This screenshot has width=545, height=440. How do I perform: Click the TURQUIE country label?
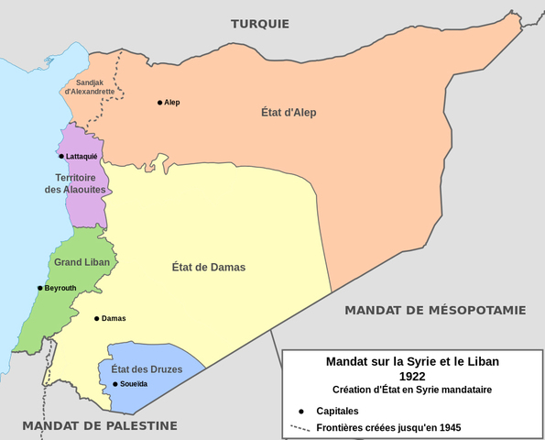click(x=259, y=24)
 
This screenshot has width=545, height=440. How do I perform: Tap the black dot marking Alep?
click(x=159, y=102)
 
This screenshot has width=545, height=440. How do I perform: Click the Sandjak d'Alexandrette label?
click(x=90, y=86)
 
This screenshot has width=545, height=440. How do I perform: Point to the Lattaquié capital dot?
click(x=61, y=157)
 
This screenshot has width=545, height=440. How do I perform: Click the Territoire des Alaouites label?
click(x=78, y=182)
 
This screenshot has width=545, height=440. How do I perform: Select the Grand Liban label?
click(x=82, y=262)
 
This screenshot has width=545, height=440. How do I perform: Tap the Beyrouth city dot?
click(x=40, y=288)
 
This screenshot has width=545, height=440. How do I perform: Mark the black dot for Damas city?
click(x=96, y=319)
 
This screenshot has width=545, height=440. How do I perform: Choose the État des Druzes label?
click(x=146, y=368)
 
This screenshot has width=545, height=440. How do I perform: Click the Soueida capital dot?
click(x=114, y=383)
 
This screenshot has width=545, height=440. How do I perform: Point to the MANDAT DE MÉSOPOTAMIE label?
click(x=435, y=311)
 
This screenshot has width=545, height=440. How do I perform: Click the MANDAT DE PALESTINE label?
click(x=100, y=425)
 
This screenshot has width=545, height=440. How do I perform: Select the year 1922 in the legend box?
click(x=411, y=376)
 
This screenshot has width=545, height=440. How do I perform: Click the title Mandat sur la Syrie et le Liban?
click(x=412, y=361)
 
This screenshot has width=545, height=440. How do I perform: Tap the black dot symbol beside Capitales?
click(x=301, y=411)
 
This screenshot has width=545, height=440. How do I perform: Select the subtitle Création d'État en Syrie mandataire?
click(x=411, y=390)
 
